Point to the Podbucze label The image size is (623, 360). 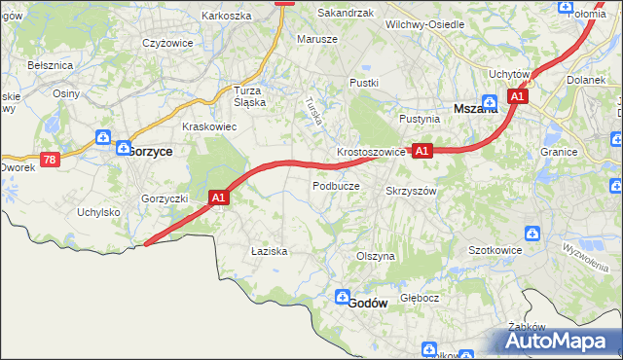[x=336, y=185]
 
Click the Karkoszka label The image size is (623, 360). [x=227, y=16]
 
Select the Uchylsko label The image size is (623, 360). [x=98, y=212]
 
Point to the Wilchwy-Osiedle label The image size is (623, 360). [x=424, y=23]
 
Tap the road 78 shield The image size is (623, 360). [x=50, y=159]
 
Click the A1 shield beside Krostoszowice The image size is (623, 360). [x=421, y=151]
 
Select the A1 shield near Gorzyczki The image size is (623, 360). [x=219, y=198]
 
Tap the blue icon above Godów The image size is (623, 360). [x=343, y=297]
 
